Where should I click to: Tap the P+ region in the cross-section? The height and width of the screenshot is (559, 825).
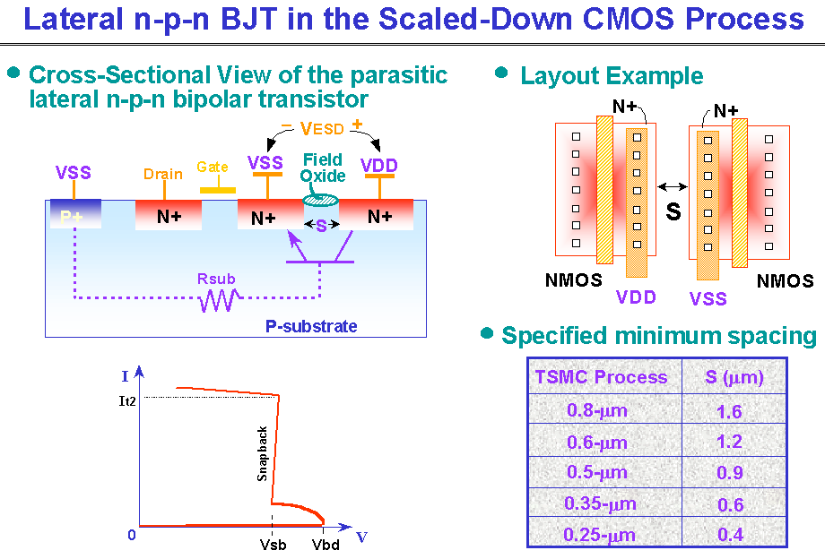75,213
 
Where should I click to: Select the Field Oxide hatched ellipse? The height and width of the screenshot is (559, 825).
320,200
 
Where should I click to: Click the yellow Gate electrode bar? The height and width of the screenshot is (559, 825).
218,190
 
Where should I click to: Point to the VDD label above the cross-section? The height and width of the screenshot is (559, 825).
378,166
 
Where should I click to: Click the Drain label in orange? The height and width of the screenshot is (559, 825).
163,174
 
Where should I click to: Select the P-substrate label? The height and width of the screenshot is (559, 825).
311,326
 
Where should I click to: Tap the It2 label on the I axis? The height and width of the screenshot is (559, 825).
127,401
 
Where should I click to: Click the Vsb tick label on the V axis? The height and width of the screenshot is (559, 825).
274,545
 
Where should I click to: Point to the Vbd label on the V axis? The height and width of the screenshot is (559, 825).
326,545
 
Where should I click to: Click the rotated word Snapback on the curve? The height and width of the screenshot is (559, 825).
262,453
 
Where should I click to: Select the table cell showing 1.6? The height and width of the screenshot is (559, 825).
729,411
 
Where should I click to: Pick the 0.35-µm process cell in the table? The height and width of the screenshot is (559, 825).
600,503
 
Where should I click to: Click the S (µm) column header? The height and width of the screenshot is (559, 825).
734,376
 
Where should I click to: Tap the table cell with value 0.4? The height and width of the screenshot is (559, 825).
730,535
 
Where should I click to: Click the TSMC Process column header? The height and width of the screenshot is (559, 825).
601,376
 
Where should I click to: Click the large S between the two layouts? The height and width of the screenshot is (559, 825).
673,211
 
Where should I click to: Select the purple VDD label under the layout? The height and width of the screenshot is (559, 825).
636,297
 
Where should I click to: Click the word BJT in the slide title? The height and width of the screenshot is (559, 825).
249,19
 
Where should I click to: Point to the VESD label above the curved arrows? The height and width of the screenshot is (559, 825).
321,128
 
